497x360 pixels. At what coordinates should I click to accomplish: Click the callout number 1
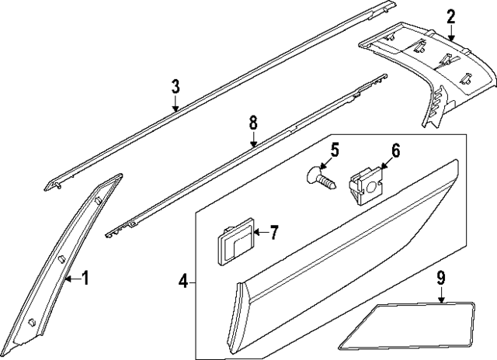(85, 278)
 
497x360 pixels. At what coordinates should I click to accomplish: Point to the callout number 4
(182, 280)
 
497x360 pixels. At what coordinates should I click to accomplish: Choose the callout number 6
(395, 151)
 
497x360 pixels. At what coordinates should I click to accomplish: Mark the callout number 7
(273, 232)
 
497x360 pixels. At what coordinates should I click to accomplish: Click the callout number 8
(253, 122)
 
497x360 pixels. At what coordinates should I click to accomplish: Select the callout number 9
(440, 275)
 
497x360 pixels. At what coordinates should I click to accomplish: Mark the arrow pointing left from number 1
(71, 278)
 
